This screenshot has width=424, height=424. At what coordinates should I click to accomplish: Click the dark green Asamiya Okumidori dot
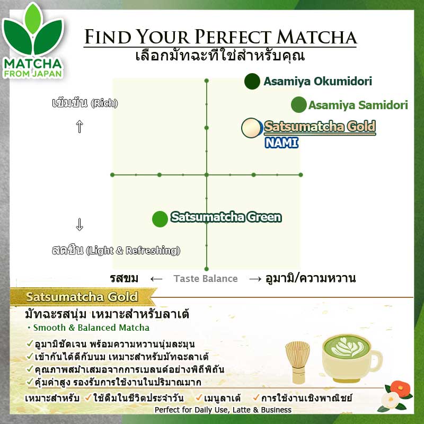pyautogui.click(x=252, y=81)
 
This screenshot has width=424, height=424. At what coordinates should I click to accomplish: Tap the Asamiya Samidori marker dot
pyautogui.click(x=299, y=105)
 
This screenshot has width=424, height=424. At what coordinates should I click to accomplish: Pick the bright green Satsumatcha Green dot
pyautogui.click(x=160, y=218)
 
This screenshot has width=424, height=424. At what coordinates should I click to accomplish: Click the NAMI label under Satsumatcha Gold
pyautogui.click(x=281, y=143)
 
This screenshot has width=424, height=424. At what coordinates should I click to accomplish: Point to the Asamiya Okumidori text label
pyautogui.click(x=317, y=82)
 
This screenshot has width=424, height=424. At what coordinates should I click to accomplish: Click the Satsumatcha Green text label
pyautogui.click(x=226, y=217)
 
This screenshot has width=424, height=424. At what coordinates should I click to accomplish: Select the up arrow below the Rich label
pyautogui.click(x=79, y=127)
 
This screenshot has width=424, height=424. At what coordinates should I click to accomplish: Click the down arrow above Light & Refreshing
pyautogui.click(x=79, y=225)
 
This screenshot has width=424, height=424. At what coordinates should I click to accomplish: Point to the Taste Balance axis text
pyautogui.click(x=206, y=279)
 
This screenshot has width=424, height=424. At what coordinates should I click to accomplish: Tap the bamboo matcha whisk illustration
pyautogui.click(x=297, y=360)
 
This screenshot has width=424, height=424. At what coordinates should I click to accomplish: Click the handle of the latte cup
pyautogui.click(x=377, y=360)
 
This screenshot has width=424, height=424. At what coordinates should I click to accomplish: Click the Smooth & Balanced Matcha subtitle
pyautogui.click(x=91, y=328)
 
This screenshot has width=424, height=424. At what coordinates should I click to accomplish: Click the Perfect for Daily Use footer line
pyautogui.click(x=223, y=410)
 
